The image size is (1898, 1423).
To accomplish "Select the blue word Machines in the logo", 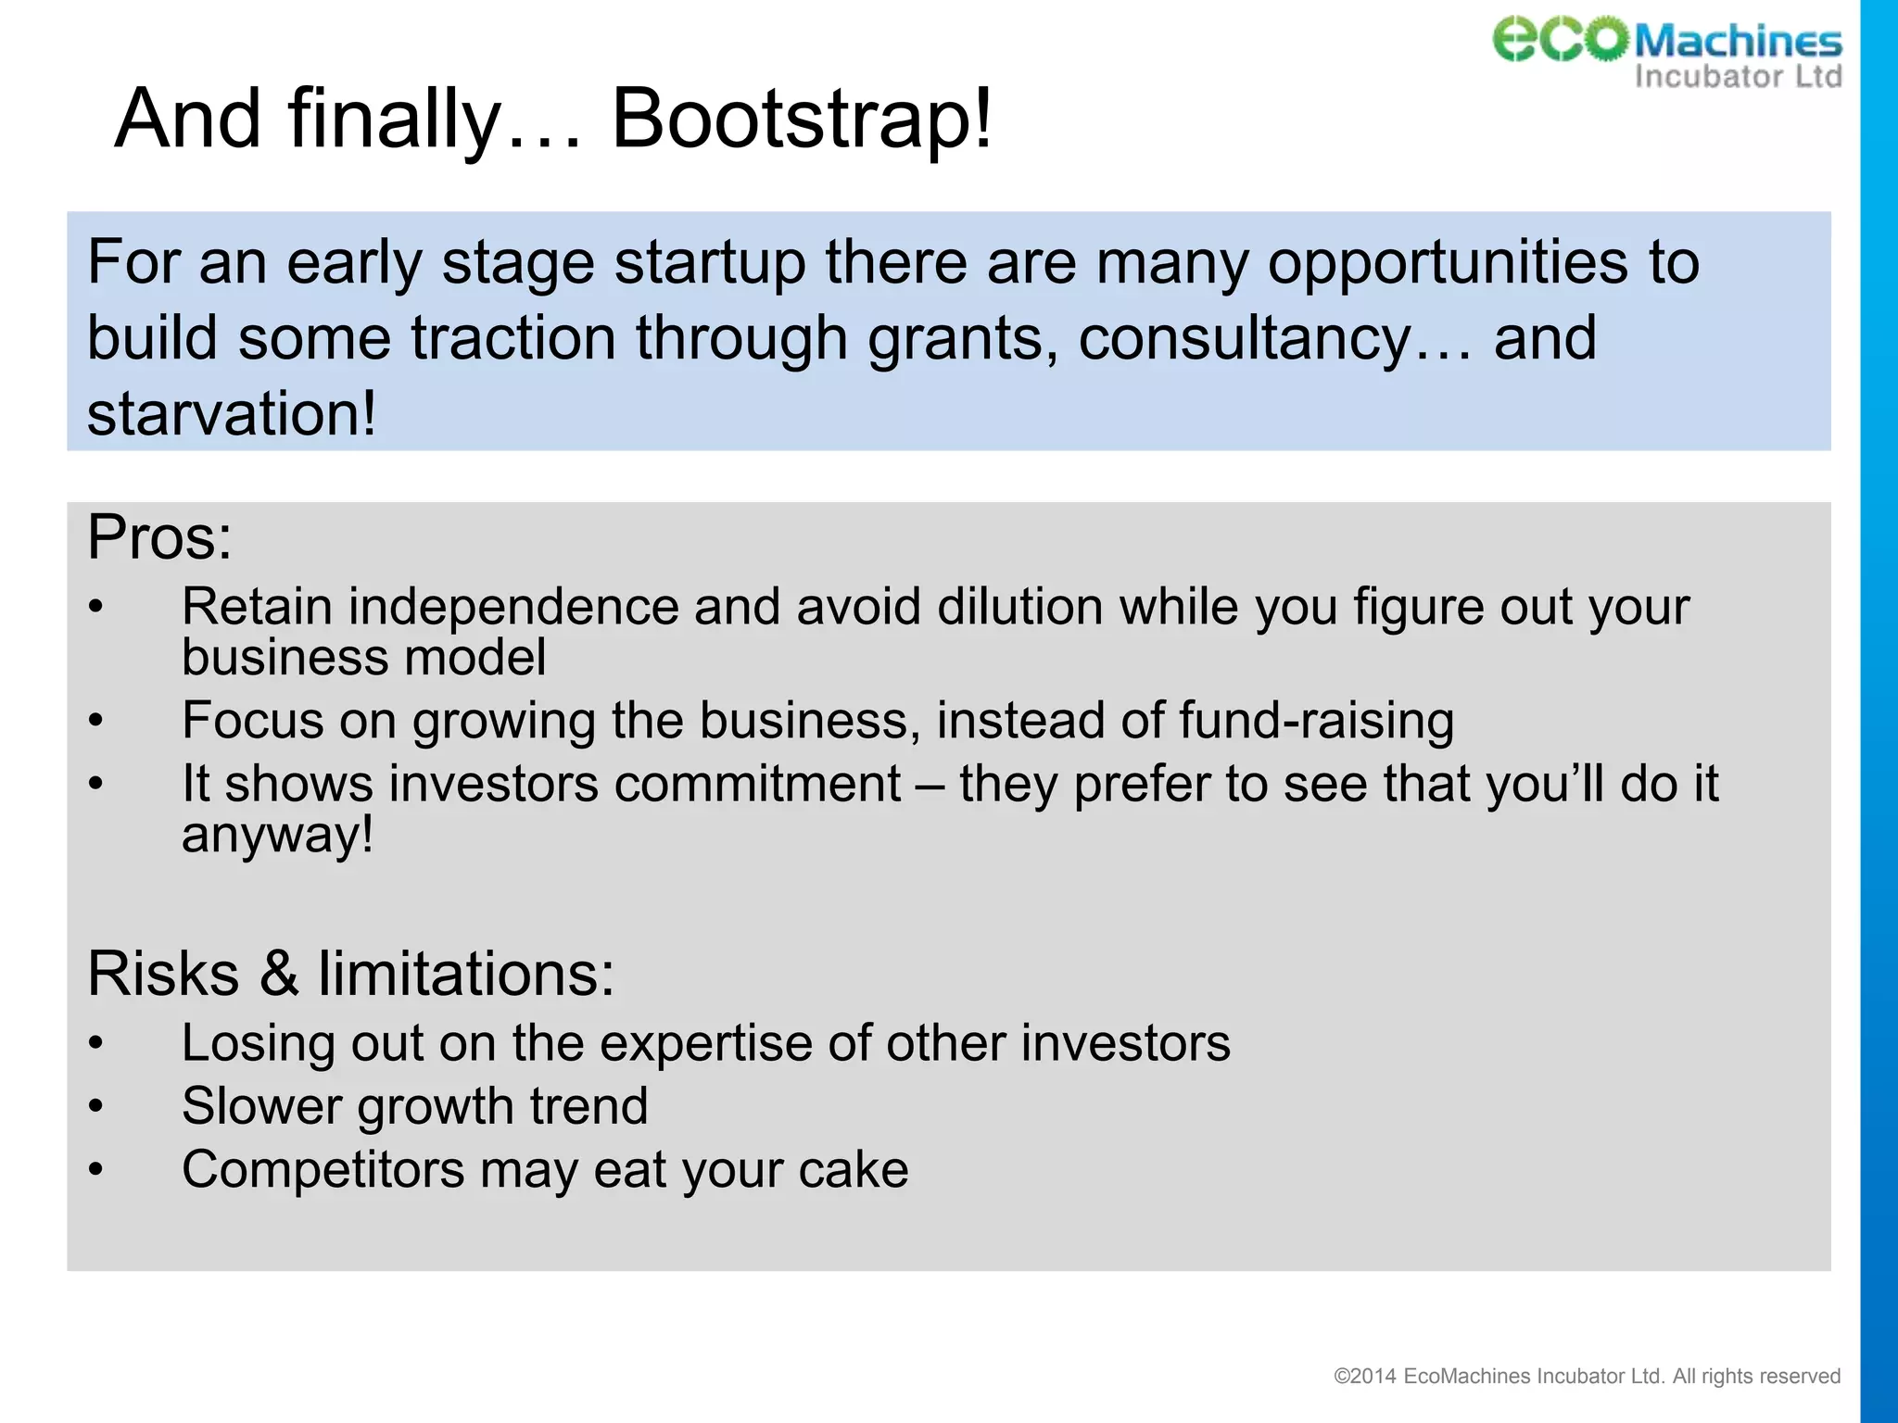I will click(1738, 42).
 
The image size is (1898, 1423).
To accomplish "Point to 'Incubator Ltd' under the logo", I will click(1738, 76).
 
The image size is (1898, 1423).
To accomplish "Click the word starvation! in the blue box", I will click(232, 413).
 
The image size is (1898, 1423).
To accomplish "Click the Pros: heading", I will click(159, 537).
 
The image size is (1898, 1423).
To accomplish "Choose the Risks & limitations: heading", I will click(350, 974).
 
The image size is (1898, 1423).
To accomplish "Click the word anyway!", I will click(277, 835).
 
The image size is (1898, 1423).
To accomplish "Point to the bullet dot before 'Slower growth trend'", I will click(95, 1106).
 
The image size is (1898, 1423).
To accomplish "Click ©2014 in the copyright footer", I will click(1364, 1377).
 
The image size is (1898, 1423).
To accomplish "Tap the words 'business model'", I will click(363, 658).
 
